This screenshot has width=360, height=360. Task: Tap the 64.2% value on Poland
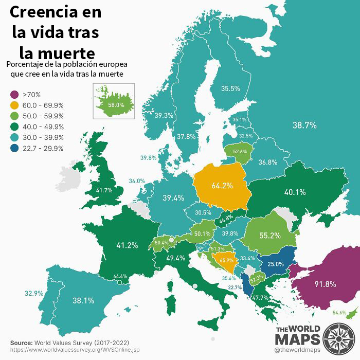223,185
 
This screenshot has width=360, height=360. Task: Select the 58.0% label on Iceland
116,104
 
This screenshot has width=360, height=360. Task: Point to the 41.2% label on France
127,245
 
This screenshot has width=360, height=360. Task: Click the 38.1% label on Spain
83,300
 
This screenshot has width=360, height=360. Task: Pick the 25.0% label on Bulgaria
276,264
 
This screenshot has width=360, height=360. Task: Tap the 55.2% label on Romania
269,236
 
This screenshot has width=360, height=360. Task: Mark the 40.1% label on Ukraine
295,192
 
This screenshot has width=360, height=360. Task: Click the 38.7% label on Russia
304,125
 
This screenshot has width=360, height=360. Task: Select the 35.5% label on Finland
230,88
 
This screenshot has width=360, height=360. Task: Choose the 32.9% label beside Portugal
34,293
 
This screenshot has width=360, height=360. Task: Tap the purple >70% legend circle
13,95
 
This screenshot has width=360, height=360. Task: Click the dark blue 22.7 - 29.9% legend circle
13,149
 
